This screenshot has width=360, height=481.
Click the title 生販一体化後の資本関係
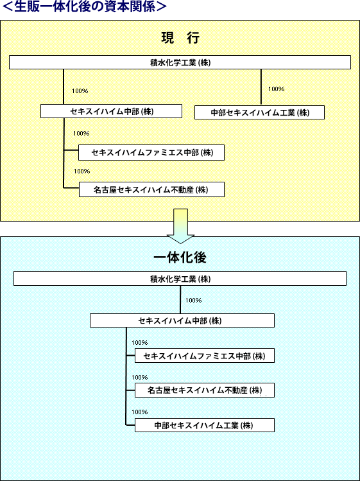(x=84, y=7)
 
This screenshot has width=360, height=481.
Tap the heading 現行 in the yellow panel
(x=180, y=39)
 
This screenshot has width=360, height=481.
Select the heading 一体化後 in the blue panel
(x=180, y=258)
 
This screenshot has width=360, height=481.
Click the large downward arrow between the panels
(x=180, y=226)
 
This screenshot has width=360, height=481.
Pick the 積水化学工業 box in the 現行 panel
(x=180, y=62)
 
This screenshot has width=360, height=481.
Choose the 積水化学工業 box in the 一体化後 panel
(x=180, y=279)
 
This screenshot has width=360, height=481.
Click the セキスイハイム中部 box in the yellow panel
(x=111, y=111)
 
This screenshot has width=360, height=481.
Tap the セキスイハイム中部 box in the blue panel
(x=182, y=320)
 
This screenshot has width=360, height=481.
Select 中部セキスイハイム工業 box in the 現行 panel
(x=259, y=112)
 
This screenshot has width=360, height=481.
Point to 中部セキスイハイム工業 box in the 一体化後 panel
(x=205, y=425)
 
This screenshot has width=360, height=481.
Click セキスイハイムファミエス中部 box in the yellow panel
(x=151, y=152)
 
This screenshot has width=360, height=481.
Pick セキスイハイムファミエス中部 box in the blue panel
(x=205, y=356)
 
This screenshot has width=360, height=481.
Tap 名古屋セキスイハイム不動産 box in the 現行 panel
(x=152, y=189)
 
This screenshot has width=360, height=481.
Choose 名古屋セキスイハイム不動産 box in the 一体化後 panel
(x=205, y=390)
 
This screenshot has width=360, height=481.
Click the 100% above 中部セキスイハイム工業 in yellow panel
(x=277, y=89)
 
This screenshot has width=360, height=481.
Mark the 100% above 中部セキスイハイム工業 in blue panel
(x=139, y=412)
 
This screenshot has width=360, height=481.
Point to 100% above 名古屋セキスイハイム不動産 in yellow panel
(x=81, y=171)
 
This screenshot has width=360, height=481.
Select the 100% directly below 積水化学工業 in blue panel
(x=193, y=301)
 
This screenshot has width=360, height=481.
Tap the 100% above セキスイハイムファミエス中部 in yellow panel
(x=81, y=134)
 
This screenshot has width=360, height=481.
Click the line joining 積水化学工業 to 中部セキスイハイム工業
(x=261, y=87)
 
